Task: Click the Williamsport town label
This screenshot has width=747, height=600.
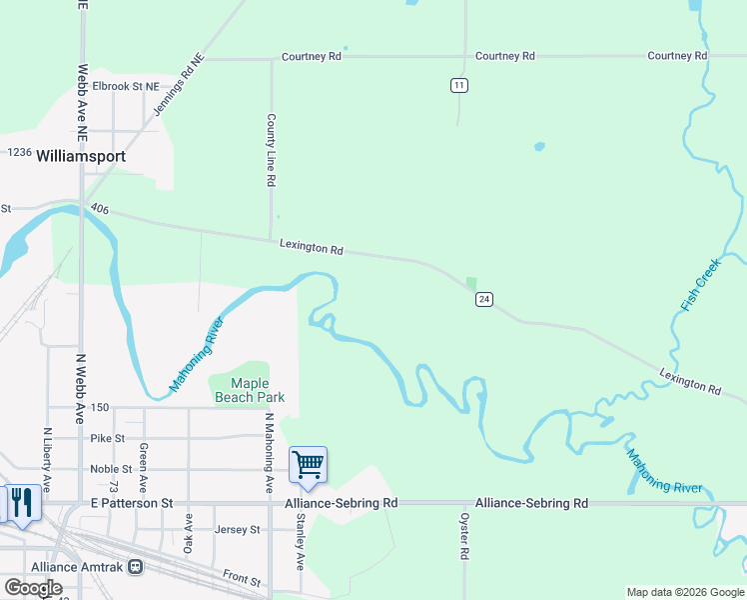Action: coord(81,157)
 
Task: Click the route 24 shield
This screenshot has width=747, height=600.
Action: coord(483,299)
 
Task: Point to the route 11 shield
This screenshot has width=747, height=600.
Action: coord(458,85)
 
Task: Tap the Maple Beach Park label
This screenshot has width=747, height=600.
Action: coord(250,390)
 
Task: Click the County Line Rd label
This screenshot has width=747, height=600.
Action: coord(271,150)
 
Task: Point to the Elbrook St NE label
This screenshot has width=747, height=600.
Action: coord(126,87)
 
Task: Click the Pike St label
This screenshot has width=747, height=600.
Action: coord(107,438)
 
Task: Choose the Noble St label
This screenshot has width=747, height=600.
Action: coord(111,469)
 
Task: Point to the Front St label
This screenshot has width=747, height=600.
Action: coord(242,579)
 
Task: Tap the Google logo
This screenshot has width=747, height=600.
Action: coord(33,588)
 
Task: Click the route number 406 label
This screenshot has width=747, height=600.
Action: coord(98,209)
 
